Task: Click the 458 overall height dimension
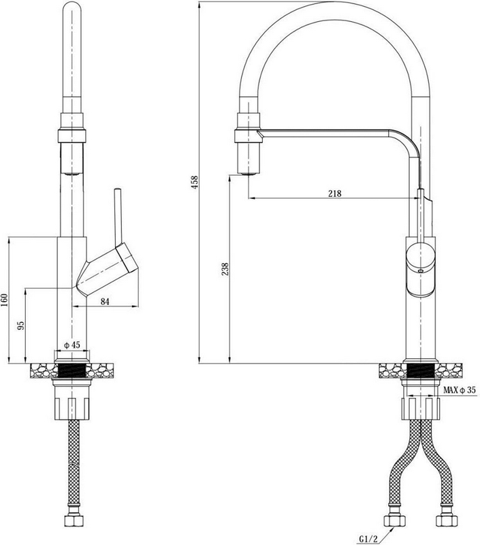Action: click(195, 182)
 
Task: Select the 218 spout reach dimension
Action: click(335, 193)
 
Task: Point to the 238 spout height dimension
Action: click(225, 269)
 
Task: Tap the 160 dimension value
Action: click(4, 300)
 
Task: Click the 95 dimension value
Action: click(21, 326)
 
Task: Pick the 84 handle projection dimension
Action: click(105, 302)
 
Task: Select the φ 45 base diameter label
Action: click(72, 345)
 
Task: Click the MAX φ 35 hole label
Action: click(459, 390)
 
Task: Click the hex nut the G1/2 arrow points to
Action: click(395, 520)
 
